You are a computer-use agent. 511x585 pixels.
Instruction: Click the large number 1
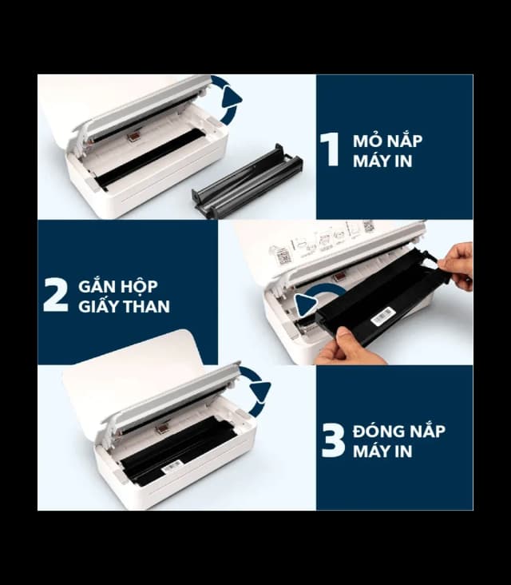point(330,149)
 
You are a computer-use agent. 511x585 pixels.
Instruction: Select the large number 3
point(332,440)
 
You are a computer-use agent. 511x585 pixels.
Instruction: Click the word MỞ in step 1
point(366,141)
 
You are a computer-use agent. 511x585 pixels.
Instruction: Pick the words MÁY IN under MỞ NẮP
point(381,161)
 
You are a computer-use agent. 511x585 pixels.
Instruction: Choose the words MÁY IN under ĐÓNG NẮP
point(382,451)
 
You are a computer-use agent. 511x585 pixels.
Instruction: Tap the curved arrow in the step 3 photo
point(257,389)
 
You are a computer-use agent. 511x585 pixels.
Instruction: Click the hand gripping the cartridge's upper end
point(457,264)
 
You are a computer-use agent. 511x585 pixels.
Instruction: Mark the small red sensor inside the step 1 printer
point(134,137)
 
